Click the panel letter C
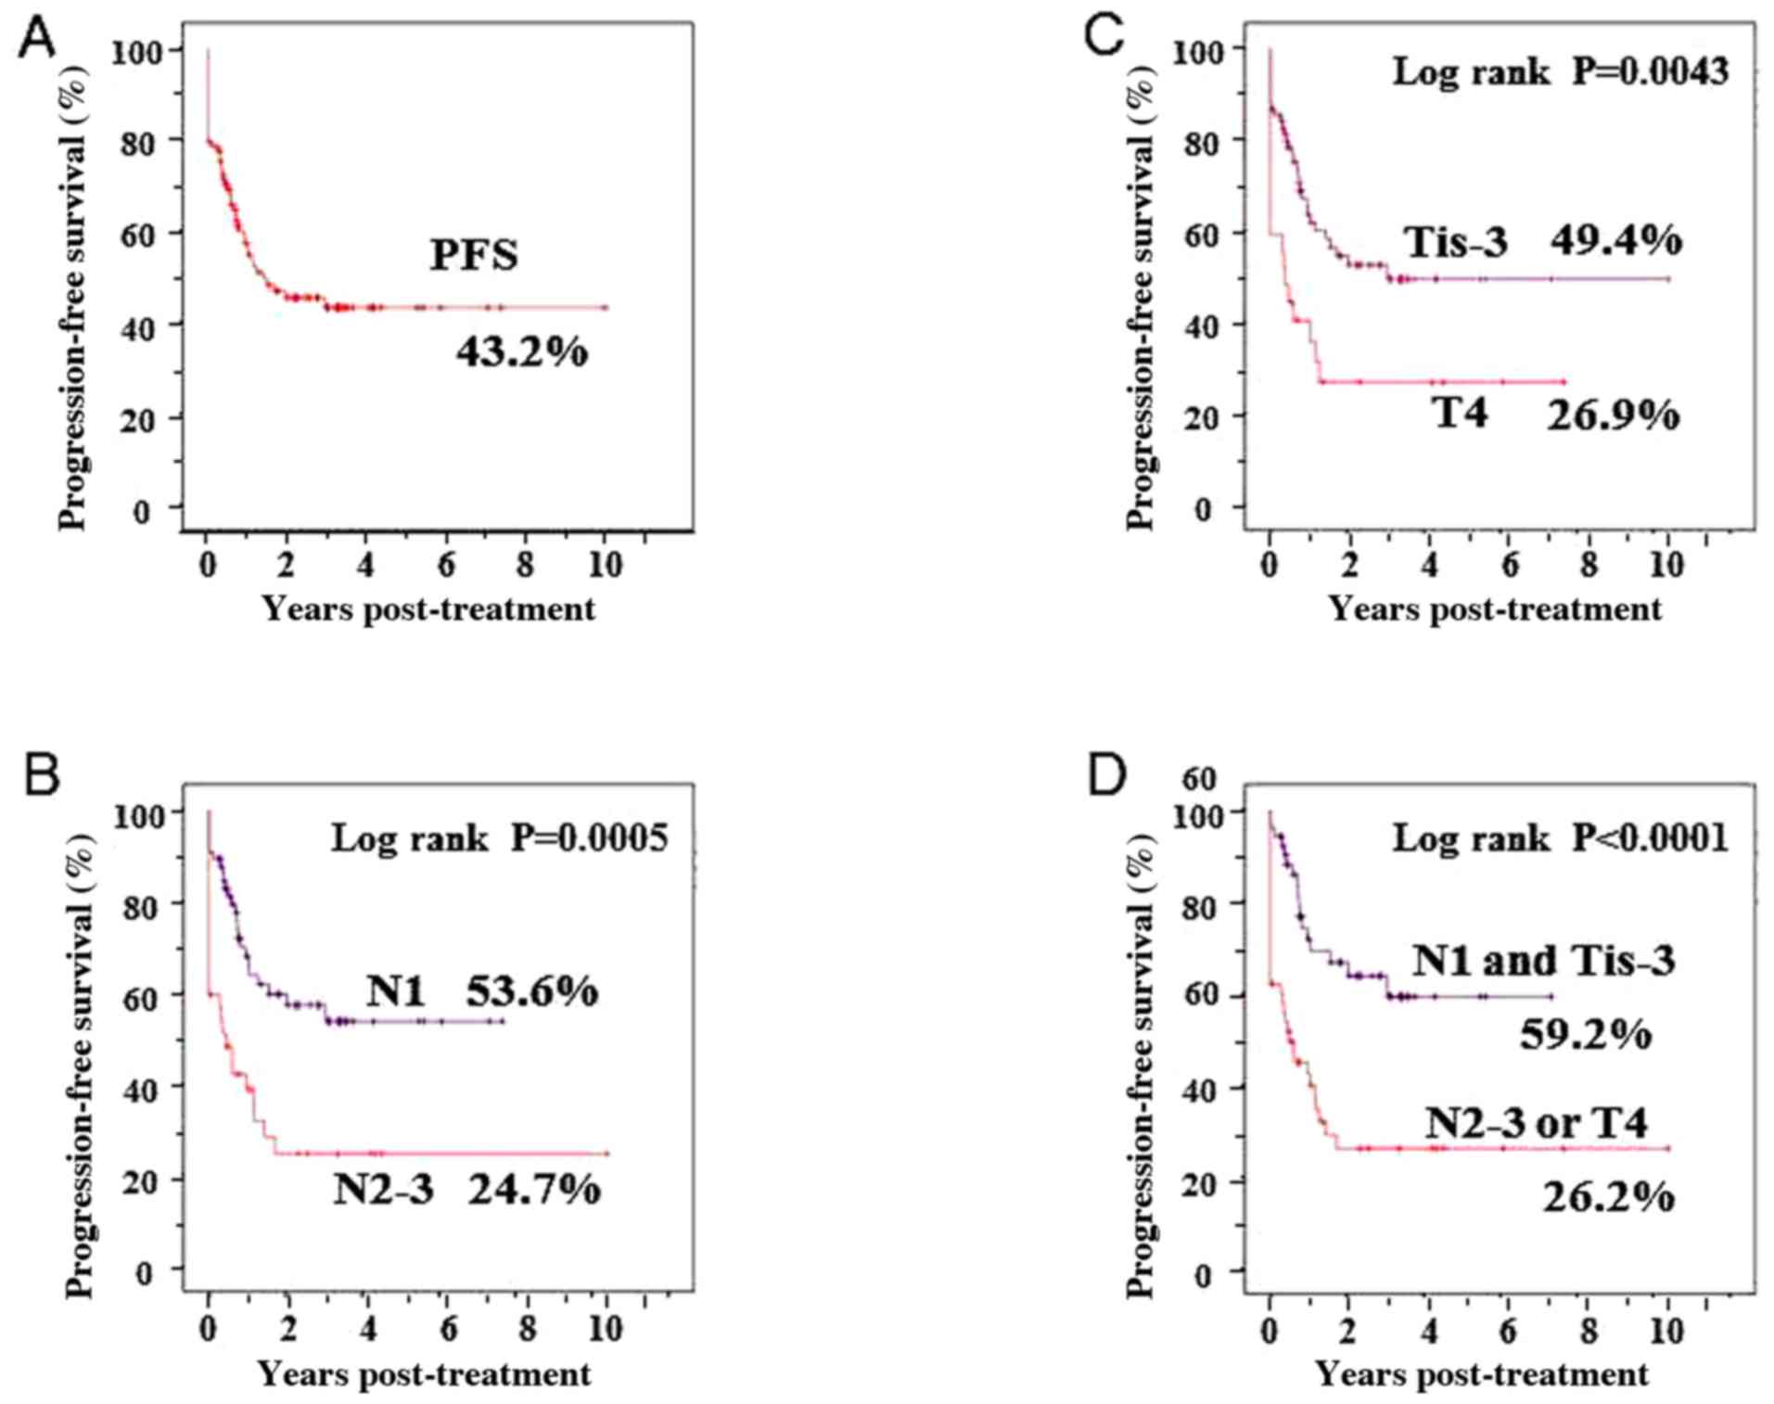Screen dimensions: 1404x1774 [x=1105, y=40]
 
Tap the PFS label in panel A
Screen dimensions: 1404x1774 [x=474, y=256]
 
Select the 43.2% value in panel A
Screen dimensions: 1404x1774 [x=522, y=352]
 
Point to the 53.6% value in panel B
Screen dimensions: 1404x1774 [x=531, y=991]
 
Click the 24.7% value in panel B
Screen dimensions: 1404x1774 [x=534, y=1189]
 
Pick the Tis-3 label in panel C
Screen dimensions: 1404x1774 [x=1458, y=243]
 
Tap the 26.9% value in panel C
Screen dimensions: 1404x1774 [x=1613, y=415]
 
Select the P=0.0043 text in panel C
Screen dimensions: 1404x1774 [x=1651, y=71]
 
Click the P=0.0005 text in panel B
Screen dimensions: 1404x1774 [x=590, y=838]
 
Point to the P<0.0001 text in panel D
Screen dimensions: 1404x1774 [x=1651, y=838]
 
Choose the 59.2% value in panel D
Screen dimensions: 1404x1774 [x=1586, y=1034]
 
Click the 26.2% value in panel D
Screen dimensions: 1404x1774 [x=1609, y=1197]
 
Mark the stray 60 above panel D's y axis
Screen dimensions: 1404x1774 [x=1198, y=779]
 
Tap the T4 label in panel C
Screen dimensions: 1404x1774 [x=1461, y=413]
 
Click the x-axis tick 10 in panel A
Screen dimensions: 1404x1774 [x=606, y=565]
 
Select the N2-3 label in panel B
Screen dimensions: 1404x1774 [x=384, y=1189]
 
